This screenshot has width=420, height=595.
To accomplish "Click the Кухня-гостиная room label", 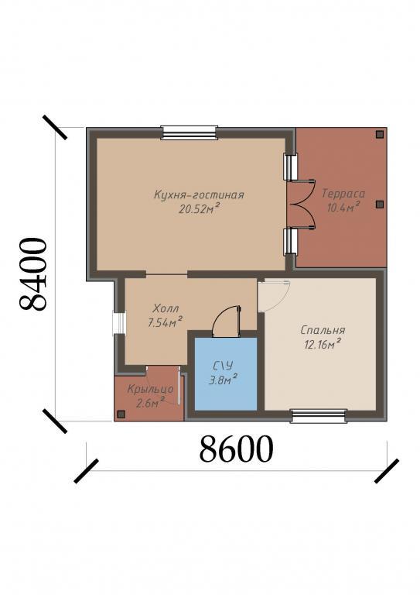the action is coord(199,195).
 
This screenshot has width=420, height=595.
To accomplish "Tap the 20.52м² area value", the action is coord(200,208).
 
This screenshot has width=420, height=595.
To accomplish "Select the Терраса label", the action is coord(343,194).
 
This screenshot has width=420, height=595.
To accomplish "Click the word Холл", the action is coord(166,308).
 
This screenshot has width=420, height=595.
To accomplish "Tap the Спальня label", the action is coord(323,330).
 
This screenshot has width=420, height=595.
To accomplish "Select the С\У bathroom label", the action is coord(223,366).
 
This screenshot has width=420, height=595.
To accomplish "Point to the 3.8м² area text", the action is coord(223,379).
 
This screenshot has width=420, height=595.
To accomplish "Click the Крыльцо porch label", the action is coord(150,390).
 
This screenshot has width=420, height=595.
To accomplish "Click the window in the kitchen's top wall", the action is coord(189,132).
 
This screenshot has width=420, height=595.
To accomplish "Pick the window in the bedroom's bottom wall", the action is coord(319,416).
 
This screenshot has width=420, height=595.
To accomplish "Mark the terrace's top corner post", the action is coord(379,134).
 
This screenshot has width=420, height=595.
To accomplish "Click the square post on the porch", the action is coord(121,414).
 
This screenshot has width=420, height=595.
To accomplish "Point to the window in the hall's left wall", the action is coord(120,323).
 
